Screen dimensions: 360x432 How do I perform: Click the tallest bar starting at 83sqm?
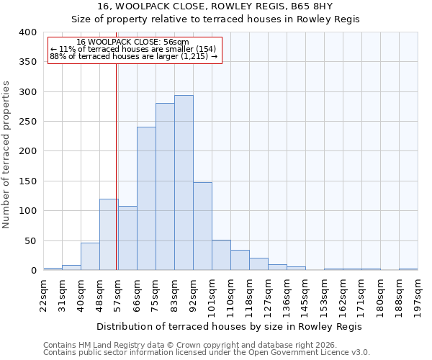[184, 183]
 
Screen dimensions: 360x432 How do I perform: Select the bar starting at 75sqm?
[165, 186]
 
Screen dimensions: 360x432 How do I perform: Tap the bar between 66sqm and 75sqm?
[146, 199]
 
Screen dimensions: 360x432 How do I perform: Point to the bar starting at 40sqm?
[90, 256]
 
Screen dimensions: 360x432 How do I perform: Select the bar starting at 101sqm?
[221, 255]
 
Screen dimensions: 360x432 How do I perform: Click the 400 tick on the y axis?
[27, 32]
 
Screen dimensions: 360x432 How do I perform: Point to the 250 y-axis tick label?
[27, 122]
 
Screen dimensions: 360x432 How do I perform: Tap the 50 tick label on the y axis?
[30, 240]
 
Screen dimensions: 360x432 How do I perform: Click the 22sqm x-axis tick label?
[44, 293]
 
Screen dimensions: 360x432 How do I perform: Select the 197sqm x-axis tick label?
[418, 293]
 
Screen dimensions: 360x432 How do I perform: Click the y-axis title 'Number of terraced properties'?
[6, 154]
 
